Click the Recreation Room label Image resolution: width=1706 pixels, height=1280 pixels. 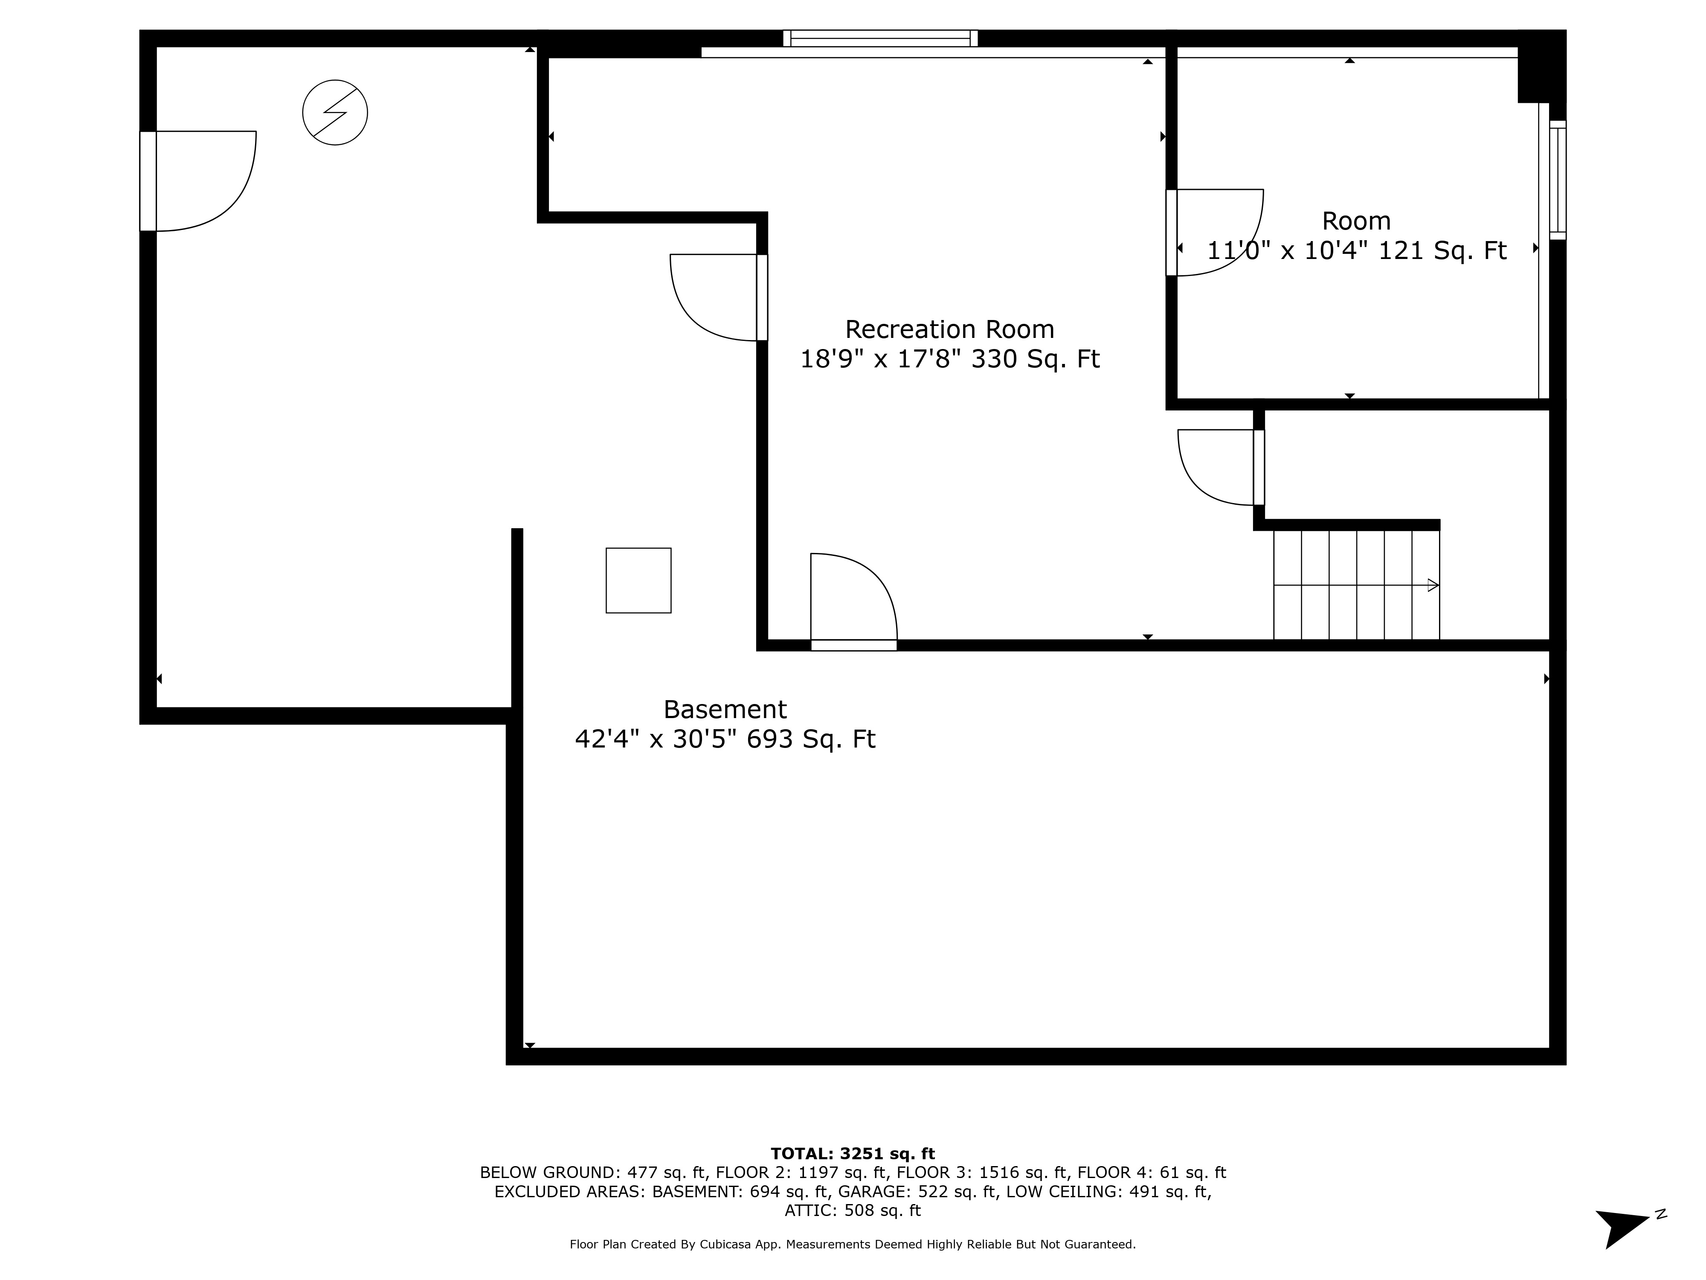[x=949, y=329]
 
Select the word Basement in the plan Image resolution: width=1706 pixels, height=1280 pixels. [x=725, y=709]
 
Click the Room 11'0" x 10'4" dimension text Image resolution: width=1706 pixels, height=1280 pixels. [x=1288, y=251]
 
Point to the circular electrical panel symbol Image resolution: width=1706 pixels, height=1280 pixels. [x=335, y=113]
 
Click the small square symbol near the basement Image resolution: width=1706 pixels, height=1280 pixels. [x=638, y=580]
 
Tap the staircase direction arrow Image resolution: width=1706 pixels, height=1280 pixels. [x=1432, y=586]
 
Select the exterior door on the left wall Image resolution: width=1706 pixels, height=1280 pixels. [x=148, y=181]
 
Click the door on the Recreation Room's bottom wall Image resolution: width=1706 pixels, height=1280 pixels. [x=854, y=645]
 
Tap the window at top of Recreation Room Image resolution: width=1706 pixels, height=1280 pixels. [x=880, y=38]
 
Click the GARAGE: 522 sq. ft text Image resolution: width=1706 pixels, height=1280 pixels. [x=917, y=1191]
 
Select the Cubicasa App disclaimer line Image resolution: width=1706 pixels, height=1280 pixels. [x=852, y=1245]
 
